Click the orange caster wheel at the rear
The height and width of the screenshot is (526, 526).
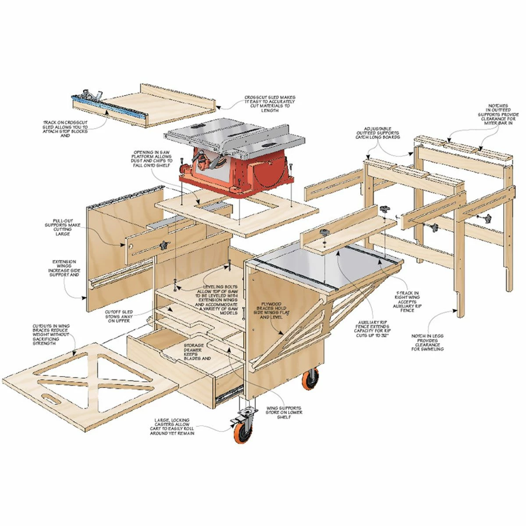311,380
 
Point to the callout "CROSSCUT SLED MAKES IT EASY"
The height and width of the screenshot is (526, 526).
270,104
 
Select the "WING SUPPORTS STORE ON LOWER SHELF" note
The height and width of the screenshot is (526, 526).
284,412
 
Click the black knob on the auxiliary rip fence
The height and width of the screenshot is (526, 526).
324,231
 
